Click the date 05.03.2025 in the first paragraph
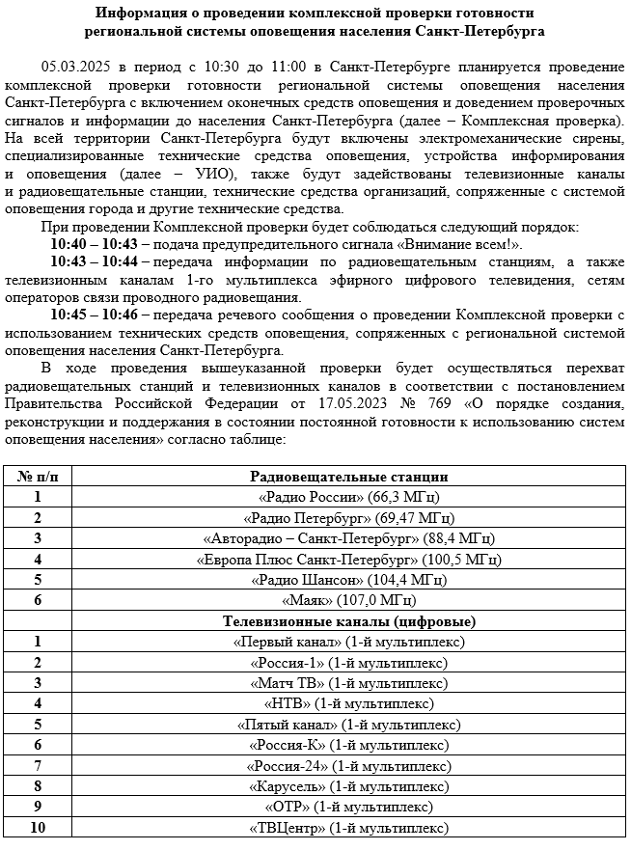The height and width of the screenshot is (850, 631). click(75, 67)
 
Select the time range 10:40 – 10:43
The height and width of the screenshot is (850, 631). click(95, 244)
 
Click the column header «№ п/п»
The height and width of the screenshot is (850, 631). click(38, 477)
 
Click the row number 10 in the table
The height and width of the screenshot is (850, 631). click(38, 828)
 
